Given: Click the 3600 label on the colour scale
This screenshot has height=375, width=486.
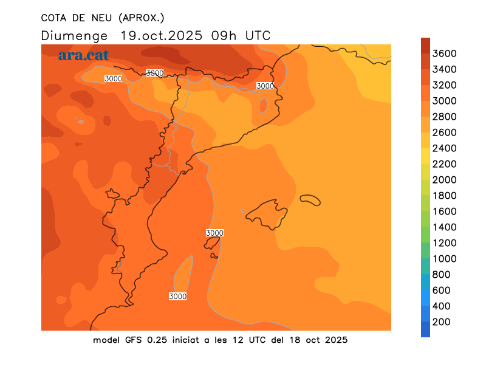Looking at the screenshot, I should coord(444,53).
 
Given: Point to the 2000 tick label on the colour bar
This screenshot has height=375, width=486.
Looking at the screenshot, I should coord(444,180).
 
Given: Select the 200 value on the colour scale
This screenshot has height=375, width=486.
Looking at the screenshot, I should coord(441,322).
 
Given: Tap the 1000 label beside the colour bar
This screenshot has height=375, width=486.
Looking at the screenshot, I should coord(444,259).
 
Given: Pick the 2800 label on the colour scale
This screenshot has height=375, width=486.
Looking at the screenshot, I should coord(444,117).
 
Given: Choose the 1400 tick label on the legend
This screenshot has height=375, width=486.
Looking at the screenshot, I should coord(444,227).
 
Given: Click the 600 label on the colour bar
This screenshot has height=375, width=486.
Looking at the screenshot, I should coord(441,291).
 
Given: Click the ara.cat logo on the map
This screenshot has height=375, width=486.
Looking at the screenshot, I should coord(83,55).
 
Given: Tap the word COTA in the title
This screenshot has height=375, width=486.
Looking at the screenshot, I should coord(54,17).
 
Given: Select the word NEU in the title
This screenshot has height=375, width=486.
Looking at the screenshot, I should coord(101,17).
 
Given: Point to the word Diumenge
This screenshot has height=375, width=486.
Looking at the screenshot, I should coord(75,35).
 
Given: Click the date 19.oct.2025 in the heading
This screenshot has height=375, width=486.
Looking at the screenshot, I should coord(163,35).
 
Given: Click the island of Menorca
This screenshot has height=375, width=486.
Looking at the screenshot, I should coord(310,200).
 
